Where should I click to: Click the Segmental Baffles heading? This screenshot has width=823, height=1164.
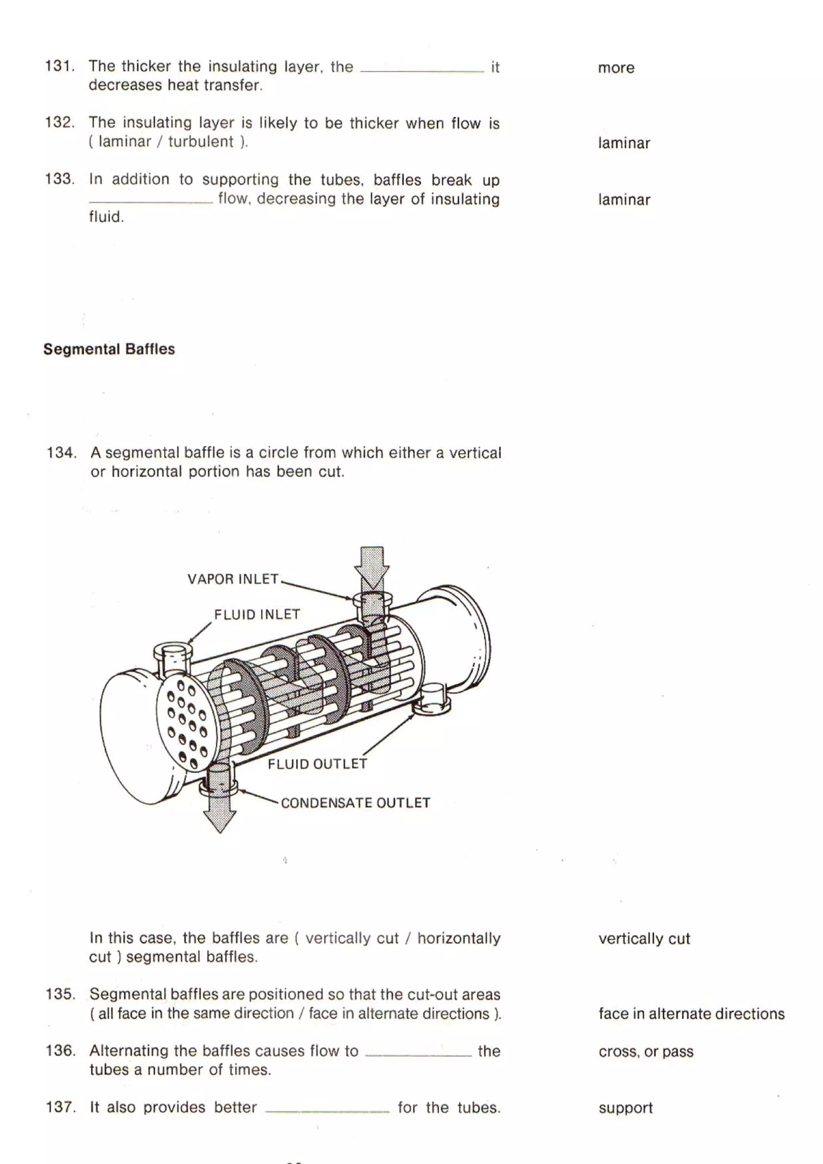click(109, 349)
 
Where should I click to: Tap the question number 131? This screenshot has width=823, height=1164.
click(60, 66)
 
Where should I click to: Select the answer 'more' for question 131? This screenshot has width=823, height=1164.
click(616, 68)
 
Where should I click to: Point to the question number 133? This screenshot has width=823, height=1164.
click(60, 179)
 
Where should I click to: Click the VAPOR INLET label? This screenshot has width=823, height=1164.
click(233, 579)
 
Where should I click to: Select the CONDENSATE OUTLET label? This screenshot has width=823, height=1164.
click(355, 803)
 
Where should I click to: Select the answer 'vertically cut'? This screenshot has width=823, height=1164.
click(644, 939)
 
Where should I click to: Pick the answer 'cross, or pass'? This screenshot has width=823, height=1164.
click(645, 1051)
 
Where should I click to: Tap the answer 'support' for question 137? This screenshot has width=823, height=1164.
click(625, 1108)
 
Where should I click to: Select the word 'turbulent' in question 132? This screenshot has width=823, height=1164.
click(201, 141)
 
